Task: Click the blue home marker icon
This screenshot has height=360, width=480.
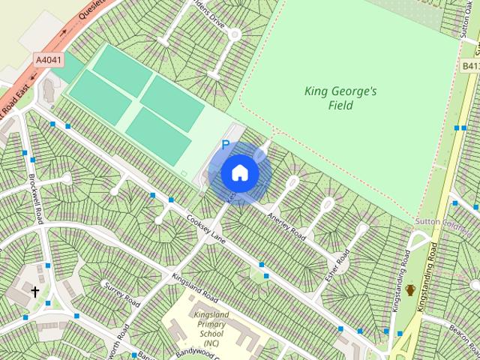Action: point(240,172)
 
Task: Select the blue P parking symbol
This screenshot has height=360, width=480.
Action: point(224,145)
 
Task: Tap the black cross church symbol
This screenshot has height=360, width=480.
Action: point(34,291)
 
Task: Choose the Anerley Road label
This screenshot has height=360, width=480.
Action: point(286,223)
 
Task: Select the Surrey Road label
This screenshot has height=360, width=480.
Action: point(123,294)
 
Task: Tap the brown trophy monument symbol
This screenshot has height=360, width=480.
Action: point(410,290)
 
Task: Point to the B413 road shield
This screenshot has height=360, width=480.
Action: point(470,66)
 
